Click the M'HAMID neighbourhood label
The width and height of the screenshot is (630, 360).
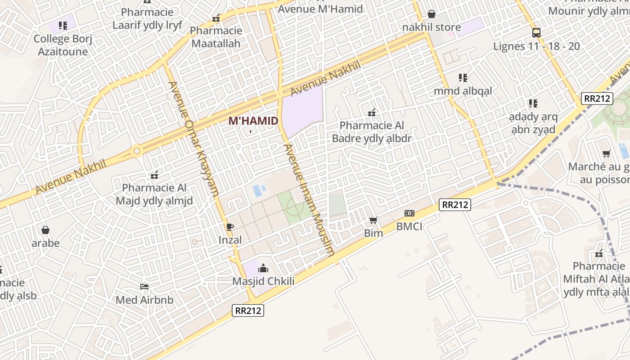click(253, 121)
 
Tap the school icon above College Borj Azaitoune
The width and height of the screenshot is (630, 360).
click(63, 26)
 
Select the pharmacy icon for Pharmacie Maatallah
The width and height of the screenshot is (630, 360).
click(216, 18)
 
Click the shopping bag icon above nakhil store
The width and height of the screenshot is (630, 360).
click(432, 14)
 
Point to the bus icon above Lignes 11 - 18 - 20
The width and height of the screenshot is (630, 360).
click(536, 33)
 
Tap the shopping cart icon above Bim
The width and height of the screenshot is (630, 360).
click(373, 220)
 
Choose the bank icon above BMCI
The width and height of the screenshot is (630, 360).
click(409, 213)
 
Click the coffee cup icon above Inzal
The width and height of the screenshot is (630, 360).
click(230, 227)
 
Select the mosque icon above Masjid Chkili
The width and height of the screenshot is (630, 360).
click(263, 269)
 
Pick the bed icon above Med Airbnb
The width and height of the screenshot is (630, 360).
click(144, 286)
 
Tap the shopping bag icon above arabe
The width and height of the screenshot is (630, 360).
click(45, 230)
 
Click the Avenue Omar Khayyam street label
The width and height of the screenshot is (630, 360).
click(193, 139)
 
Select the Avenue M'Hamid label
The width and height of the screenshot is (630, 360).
click(320, 9)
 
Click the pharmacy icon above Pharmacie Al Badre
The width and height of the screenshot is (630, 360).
click(372, 112)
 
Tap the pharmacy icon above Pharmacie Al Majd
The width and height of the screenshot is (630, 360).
click(154, 175)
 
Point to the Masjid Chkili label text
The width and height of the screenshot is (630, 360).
click(263, 281)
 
